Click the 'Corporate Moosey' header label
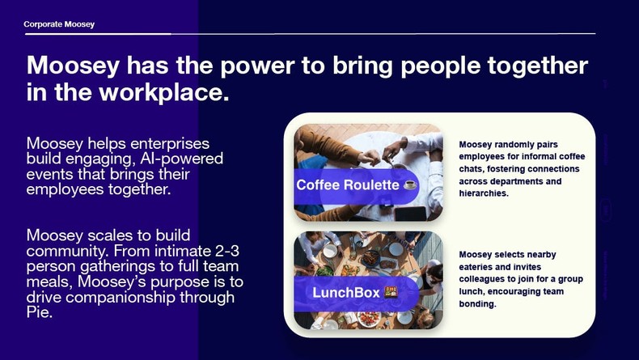click(59, 24)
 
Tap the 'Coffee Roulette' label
click(348, 185)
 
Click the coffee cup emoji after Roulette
click(410, 185)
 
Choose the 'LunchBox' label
click(346, 292)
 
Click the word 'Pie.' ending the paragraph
click(40, 312)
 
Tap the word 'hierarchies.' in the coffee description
click(484, 193)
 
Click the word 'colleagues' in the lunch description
click(484, 279)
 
